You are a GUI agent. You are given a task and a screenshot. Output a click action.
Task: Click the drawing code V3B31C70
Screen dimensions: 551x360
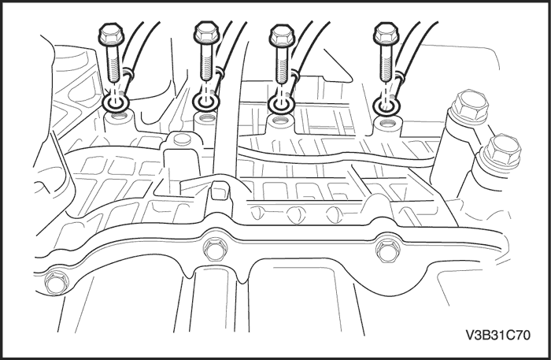(498, 335)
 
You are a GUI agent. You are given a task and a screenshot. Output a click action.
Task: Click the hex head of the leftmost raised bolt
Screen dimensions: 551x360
(111, 34)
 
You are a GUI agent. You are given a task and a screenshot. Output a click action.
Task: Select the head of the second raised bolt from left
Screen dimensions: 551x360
(206, 33)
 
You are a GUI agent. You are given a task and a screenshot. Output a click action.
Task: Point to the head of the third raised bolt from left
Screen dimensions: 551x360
(282, 35)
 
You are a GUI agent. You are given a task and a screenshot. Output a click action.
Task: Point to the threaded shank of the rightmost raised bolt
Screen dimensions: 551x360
(386, 64)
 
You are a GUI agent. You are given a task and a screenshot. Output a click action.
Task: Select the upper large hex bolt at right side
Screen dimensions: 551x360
(469, 107)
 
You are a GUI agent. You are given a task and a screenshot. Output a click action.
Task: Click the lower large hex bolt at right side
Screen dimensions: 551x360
(502, 150)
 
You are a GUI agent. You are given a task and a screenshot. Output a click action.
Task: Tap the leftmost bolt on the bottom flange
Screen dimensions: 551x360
(56, 282)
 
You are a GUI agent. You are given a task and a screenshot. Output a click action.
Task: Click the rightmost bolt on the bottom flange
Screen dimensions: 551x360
(387, 250)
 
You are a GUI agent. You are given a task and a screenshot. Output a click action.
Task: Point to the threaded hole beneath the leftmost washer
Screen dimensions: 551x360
(118, 114)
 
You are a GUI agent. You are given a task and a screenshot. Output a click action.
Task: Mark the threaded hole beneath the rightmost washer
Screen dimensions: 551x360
(387, 123)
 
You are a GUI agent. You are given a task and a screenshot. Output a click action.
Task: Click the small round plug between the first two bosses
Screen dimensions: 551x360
(182, 139)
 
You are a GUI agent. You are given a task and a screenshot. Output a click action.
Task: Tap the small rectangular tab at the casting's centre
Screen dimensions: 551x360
(220, 190)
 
